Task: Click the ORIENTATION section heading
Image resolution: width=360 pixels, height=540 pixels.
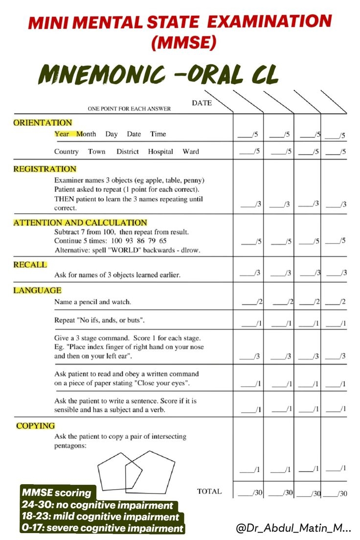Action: coord(43,123)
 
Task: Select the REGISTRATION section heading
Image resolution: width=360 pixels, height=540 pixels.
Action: coord(45,169)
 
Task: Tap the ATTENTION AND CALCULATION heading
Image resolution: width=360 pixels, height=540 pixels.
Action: coord(80,223)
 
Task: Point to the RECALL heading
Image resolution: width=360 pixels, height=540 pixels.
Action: coord(30,265)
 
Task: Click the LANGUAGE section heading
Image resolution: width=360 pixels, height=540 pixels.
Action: coord(37,291)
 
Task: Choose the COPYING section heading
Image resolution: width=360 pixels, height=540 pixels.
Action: coord(35,426)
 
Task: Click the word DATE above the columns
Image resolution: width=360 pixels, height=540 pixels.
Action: coord(202,103)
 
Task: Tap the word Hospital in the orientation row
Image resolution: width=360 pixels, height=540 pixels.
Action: coord(160,152)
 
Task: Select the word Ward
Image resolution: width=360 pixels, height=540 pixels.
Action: coord(191,152)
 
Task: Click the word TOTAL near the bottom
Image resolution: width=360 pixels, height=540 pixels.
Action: coord(209,491)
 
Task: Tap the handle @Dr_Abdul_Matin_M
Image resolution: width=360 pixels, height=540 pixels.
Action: coord(293,528)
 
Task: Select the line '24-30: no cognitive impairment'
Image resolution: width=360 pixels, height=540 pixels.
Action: coord(97,505)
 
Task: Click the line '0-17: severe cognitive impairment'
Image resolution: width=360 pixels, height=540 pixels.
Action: coord(102,528)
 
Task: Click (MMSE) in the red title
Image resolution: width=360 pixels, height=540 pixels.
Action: coord(183,43)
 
